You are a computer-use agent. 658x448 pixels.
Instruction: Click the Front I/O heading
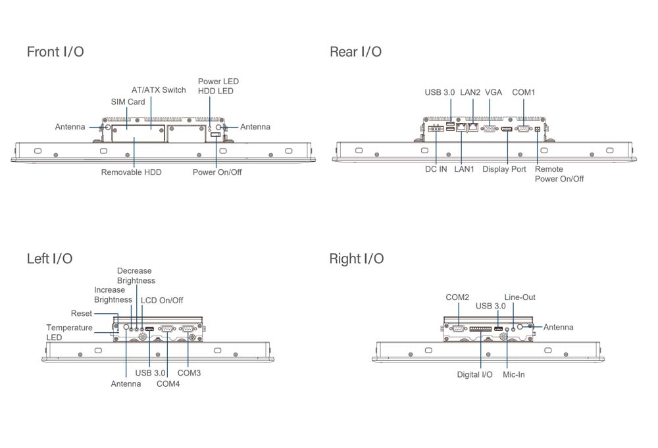55,52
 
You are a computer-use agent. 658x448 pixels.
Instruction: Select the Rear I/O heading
355,52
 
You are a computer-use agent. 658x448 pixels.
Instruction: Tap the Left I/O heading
49,259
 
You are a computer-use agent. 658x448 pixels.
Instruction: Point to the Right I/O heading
356,259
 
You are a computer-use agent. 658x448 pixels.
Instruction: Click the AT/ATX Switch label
159,90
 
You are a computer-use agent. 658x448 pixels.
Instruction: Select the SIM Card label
128,102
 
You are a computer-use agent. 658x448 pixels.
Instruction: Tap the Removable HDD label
131,172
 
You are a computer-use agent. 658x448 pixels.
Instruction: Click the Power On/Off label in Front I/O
217,172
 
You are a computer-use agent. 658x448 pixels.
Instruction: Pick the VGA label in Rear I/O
493,93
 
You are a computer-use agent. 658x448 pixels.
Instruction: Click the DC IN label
436,170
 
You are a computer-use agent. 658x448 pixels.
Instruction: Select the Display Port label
504,170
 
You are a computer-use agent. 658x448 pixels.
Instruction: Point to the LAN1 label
464,170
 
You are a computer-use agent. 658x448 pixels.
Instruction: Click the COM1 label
523,93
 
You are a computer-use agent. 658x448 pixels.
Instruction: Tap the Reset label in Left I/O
82,314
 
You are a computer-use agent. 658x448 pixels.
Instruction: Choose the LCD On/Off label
162,301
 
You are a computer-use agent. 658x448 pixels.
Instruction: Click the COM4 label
168,384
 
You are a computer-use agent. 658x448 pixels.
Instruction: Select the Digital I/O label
474,375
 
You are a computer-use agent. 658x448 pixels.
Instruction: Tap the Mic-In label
513,375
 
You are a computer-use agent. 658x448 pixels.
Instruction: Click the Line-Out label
520,297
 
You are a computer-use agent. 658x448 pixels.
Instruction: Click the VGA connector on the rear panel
490,129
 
